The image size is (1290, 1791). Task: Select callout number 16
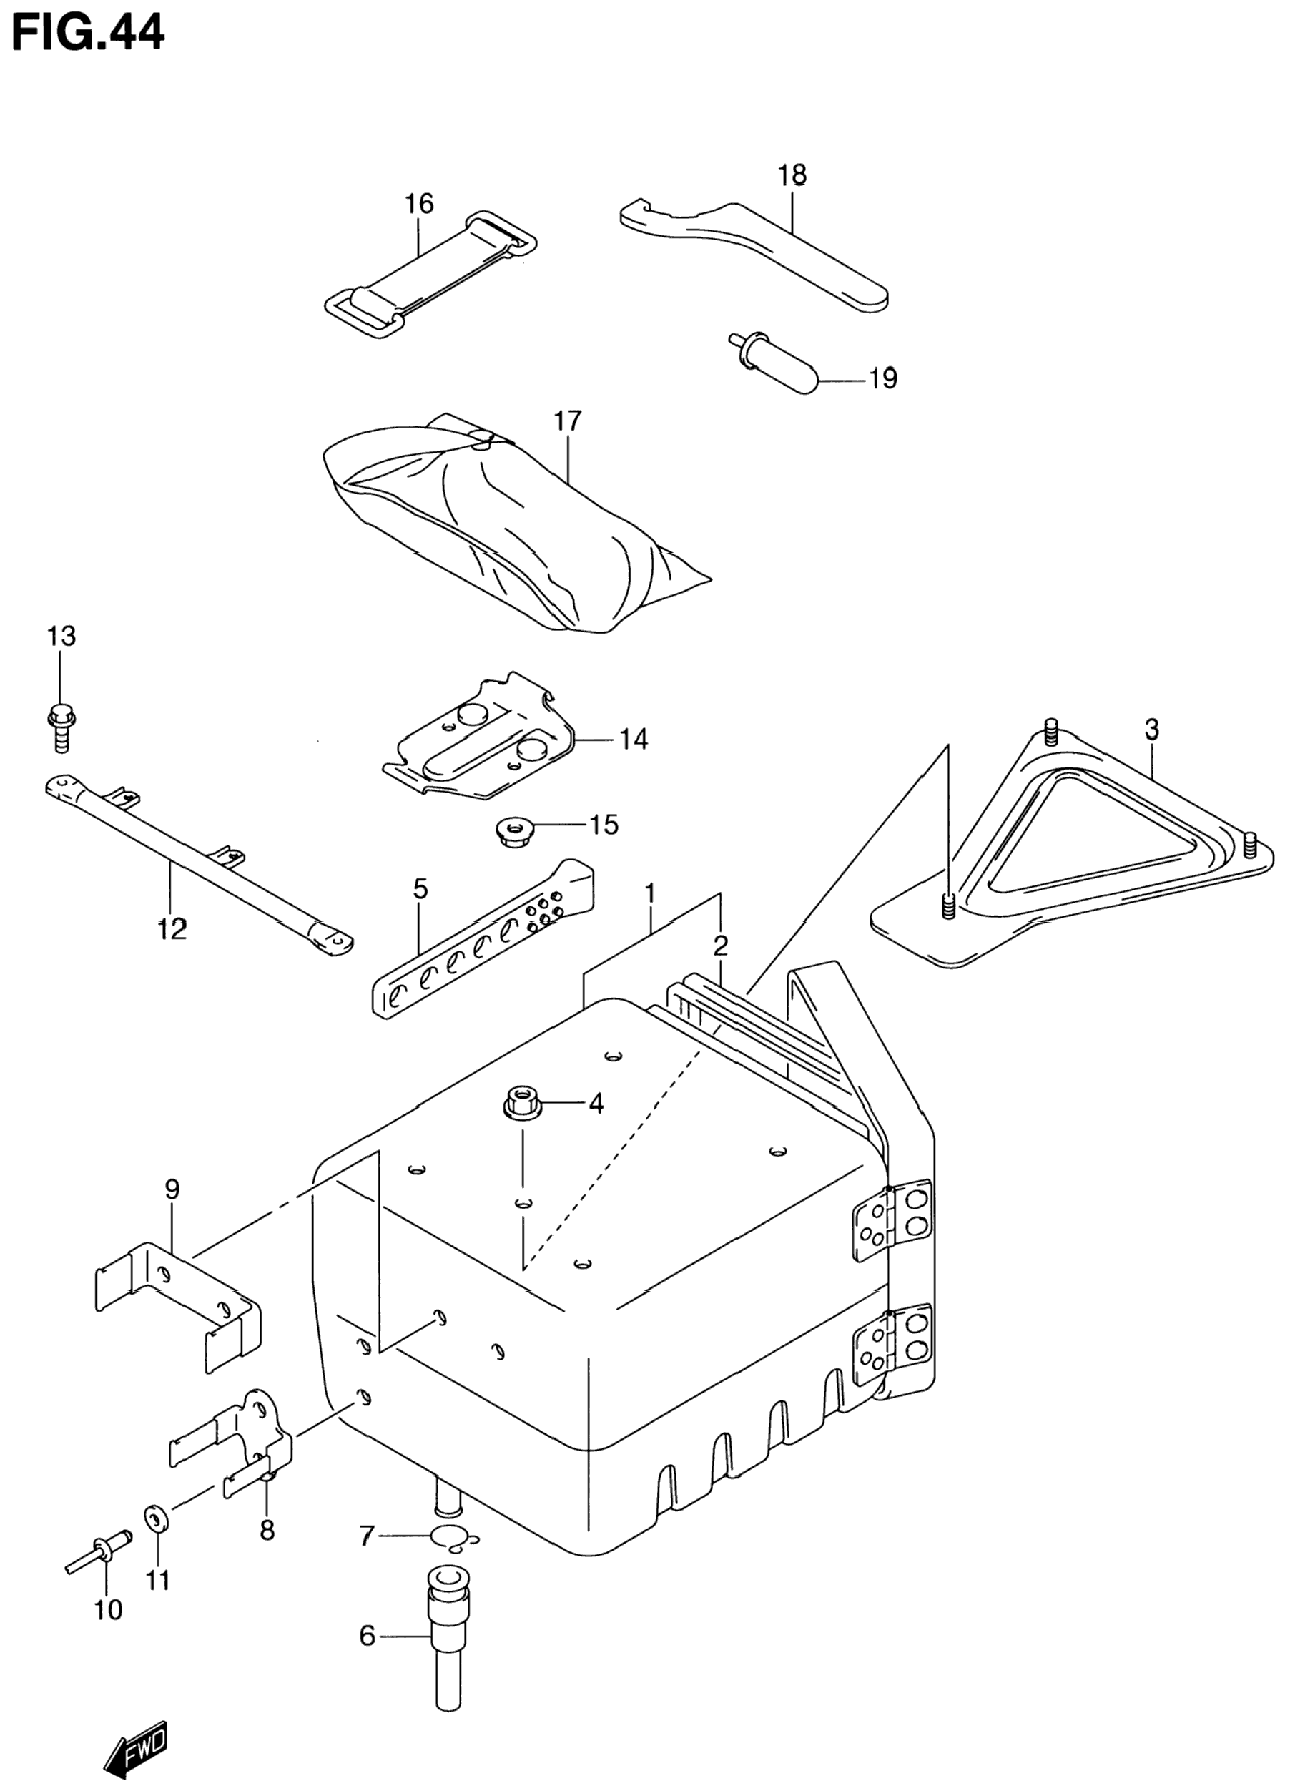point(419,204)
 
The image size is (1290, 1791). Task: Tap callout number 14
point(633,740)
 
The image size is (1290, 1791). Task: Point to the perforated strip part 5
point(481,940)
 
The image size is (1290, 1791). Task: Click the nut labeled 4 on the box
point(521,1101)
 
